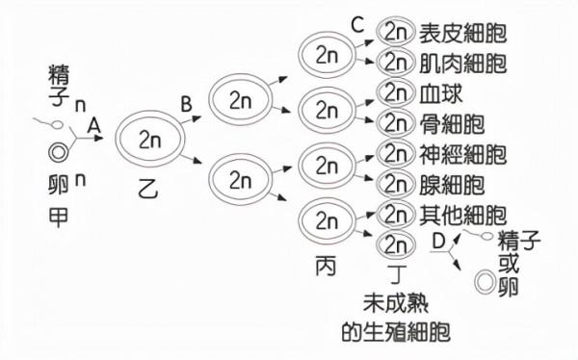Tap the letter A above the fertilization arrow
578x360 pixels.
[94, 124]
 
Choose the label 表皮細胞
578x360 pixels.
[463, 33]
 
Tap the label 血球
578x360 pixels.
[434, 94]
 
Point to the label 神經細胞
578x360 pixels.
[463, 154]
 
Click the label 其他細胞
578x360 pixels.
[463, 214]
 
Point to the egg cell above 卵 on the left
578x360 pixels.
[60, 150]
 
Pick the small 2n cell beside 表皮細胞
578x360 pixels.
[396, 32]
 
